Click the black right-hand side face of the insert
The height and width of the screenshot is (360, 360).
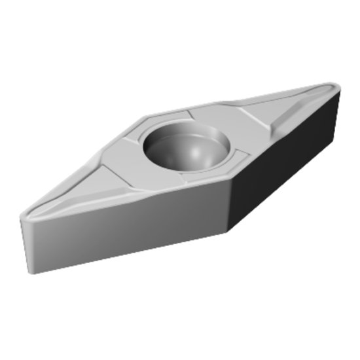288,164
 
